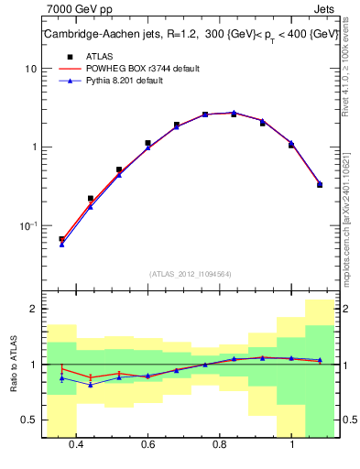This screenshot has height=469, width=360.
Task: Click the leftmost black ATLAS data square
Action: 61,239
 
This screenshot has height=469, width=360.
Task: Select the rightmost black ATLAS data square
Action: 320,184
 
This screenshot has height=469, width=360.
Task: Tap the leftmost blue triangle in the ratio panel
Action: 61,377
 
